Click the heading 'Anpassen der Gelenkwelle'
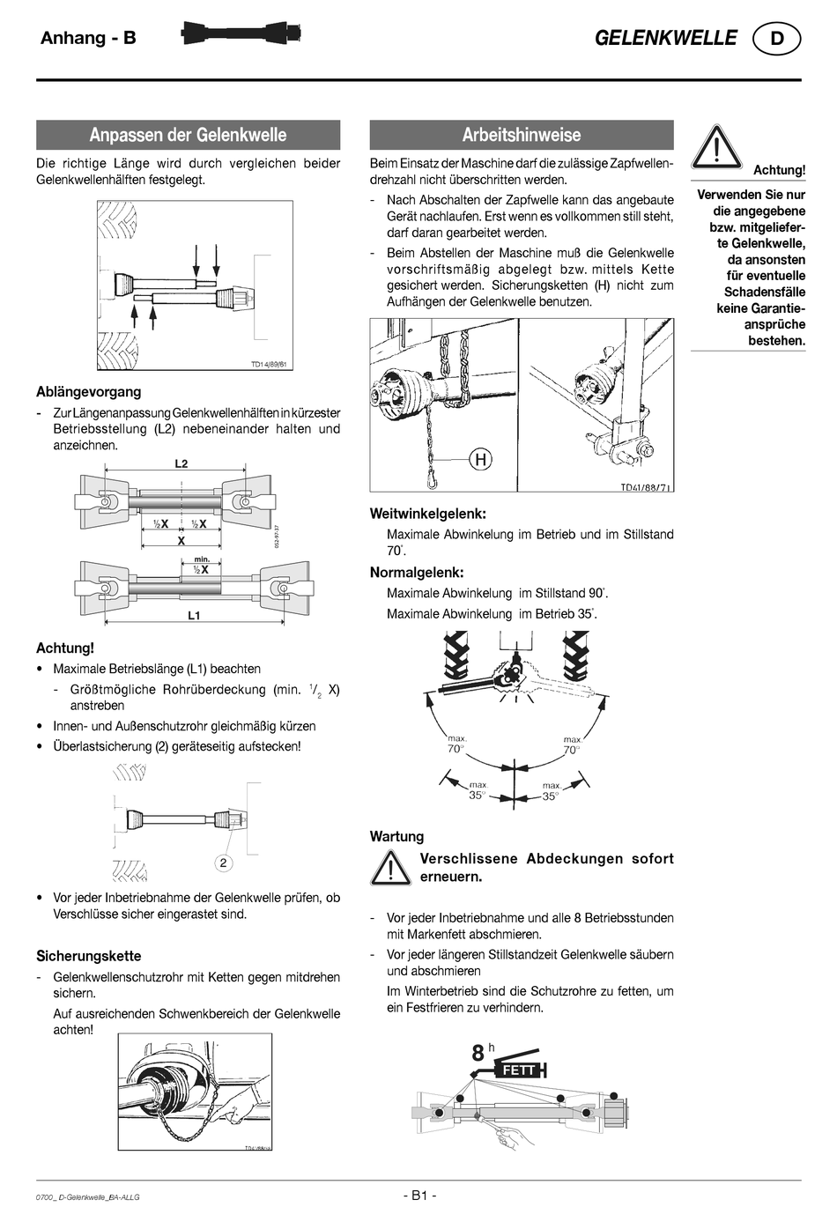(188, 135)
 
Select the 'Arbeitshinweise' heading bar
(522, 135)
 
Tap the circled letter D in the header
(776, 39)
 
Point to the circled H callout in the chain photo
(481, 459)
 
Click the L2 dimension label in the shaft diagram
(181, 463)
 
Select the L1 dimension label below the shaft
(194, 616)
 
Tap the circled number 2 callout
(224, 863)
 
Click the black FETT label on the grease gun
(518, 1070)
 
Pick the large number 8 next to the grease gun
(478, 1053)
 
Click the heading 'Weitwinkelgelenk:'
(428, 513)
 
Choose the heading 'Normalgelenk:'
(417, 573)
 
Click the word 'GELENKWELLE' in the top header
(665, 38)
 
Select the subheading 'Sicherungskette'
(88, 956)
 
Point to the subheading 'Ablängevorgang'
(88, 392)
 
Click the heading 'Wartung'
(396, 836)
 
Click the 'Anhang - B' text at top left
(88, 38)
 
